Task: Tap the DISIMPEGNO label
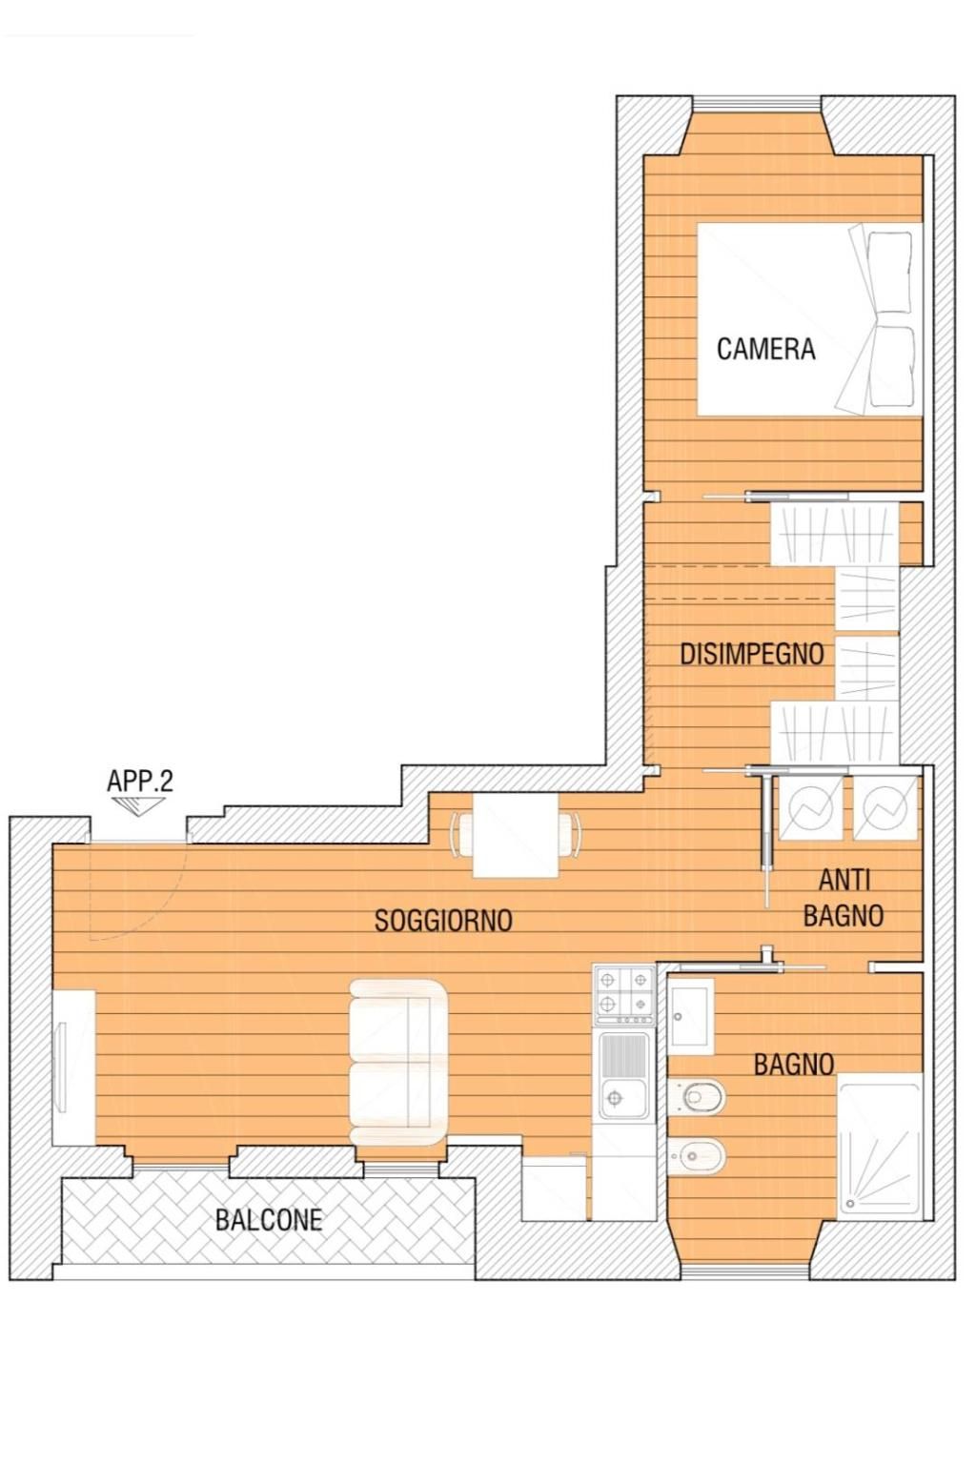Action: point(752,654)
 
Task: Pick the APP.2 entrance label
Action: point(140,781)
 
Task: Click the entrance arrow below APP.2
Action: point(138,804)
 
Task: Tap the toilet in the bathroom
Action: point(697,1096)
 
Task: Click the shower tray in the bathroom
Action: point(880,1149)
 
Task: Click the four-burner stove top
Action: point(623,994)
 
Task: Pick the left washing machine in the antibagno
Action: point(810,808)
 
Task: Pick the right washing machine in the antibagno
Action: point(885,808)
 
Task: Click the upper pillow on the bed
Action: point(889,272)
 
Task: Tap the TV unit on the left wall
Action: point(74,1067)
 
